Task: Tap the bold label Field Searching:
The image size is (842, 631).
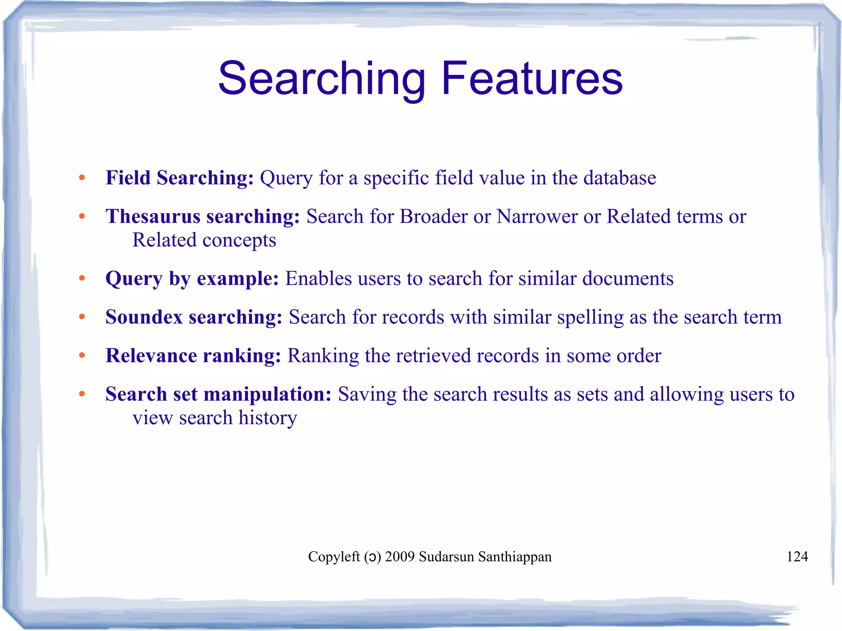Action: tap(180, 178)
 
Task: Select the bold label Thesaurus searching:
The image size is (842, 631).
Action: tap(203, 217)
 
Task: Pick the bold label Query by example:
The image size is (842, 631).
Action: tap(192, 279)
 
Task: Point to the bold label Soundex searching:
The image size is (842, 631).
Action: tap(194, 317)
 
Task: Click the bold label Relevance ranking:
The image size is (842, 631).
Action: tap(193, 356)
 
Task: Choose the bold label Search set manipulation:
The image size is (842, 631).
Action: tap(218, 394)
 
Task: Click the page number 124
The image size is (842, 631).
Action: tap(797, 557)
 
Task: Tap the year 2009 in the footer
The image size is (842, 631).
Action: tap(400, 557)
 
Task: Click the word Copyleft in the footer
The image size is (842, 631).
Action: tap(334, 557)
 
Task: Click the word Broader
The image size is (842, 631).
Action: tap(433, 217)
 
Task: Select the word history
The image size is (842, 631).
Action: tap(268, 418)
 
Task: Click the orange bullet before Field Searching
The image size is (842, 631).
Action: tap(82, 178)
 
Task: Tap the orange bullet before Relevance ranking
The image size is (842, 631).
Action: tap(82, 356)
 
